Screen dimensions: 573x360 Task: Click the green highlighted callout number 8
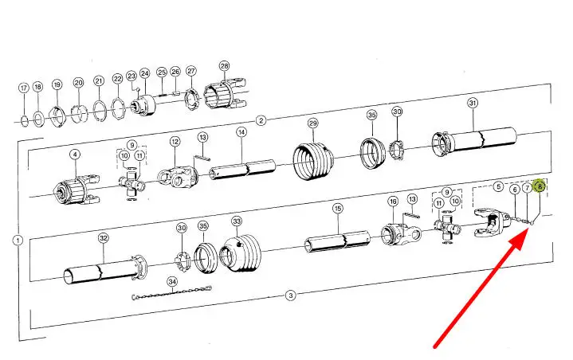[540, 186]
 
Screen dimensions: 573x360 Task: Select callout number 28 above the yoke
[224, 66]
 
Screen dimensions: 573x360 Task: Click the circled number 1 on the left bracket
[18, 241]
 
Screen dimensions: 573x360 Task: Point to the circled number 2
[261, 120]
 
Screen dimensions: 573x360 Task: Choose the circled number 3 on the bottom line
[290, 295]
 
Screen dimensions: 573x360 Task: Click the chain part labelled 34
[172, 293]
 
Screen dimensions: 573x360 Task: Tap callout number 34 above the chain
[172, 282]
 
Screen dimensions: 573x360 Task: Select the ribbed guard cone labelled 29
[313, 162]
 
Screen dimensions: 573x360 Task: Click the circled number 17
[24, 88]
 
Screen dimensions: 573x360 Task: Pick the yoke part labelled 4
[77, 189]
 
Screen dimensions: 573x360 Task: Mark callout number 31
[473, 103]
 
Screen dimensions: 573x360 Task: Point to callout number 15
[338, 209]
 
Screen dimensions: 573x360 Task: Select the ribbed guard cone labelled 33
[241, 254]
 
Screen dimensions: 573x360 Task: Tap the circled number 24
[145, 73]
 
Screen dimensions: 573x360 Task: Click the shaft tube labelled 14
[242, 169]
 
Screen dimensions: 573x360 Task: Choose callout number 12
[175, 141]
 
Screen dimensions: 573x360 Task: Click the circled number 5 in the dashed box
[498, 186]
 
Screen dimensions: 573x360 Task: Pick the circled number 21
[99, 80]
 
